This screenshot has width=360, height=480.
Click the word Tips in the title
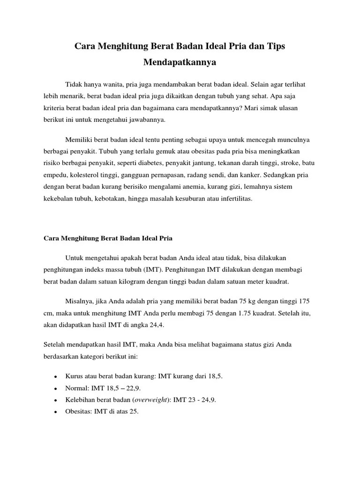pyautogui.click(x=274, y=47)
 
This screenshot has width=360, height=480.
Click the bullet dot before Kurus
pyautogui.click(x=55, y=377)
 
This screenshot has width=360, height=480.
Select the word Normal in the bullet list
pyautogui.click(x=76, y=389)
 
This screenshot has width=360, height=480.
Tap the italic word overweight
pyautogui.click(x=151, y=400)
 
